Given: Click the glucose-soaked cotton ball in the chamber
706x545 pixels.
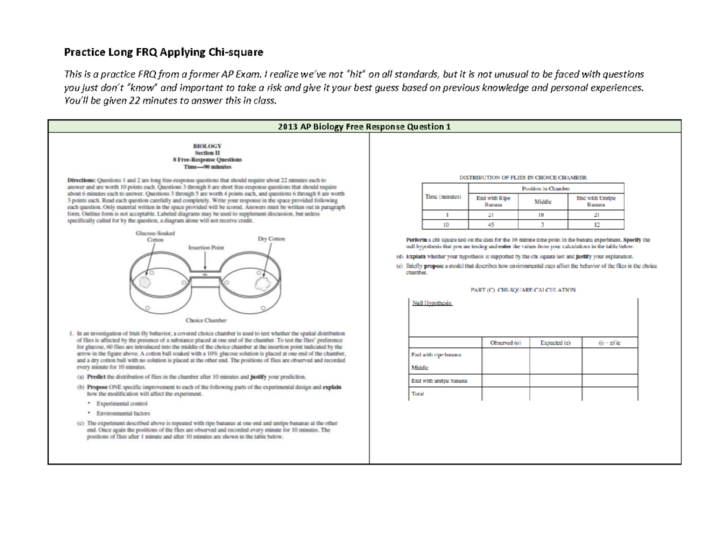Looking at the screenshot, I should pos(144,283).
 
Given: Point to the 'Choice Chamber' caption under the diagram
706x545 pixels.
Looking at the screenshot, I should pos(203,322).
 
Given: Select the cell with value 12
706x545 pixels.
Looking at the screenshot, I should pos(597,223).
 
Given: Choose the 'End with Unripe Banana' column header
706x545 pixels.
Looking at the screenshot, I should pos(597,201).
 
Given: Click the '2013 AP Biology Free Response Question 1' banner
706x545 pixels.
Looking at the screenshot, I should pos(364,127).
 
